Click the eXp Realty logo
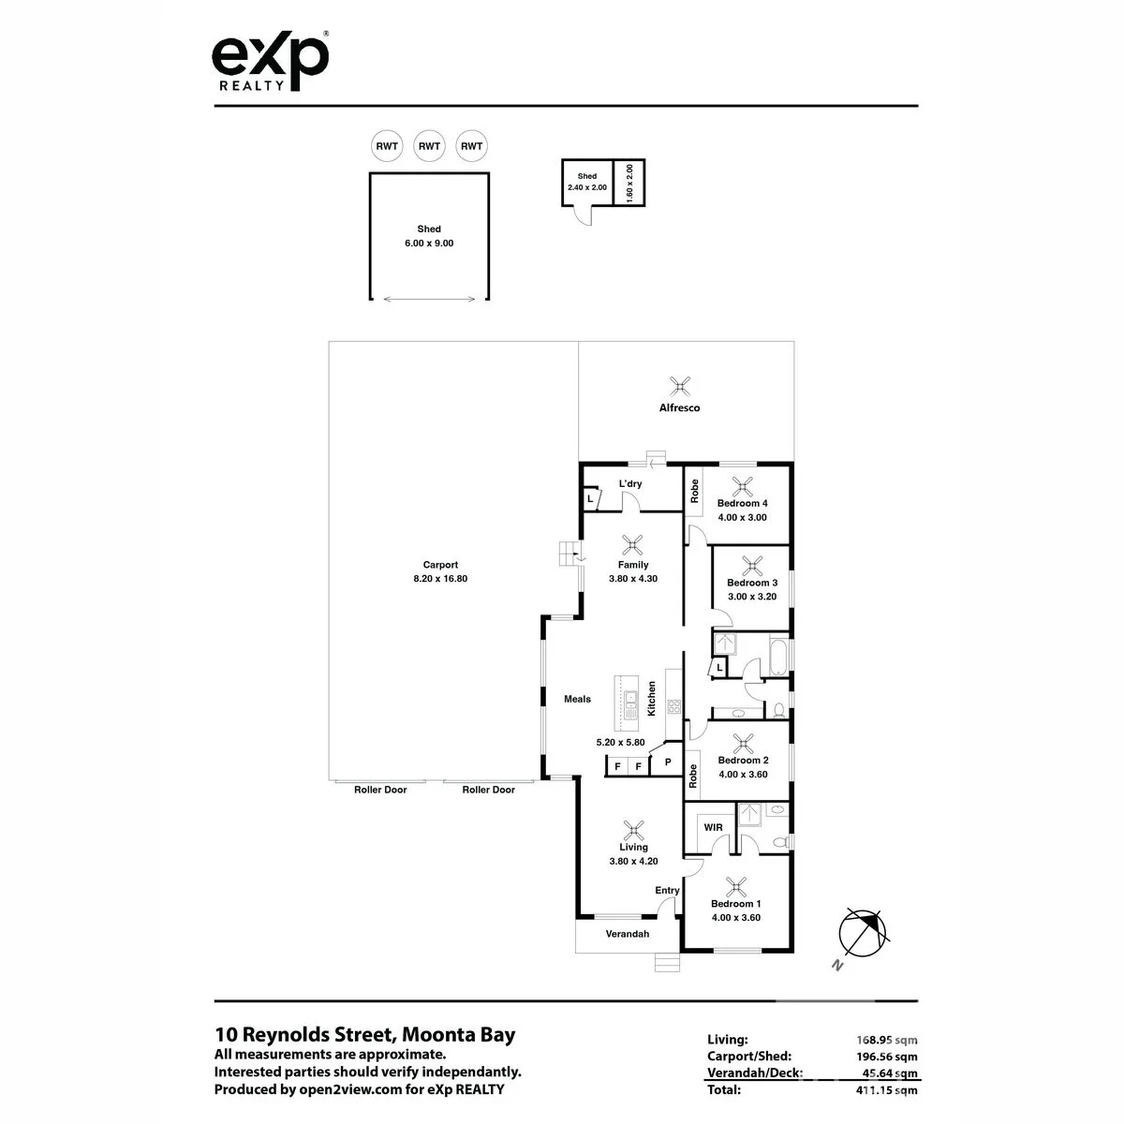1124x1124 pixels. point(270,60)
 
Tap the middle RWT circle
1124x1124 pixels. point(429,146)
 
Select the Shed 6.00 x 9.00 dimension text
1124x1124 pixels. point(429,244)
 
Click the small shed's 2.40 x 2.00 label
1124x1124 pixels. point(586,187)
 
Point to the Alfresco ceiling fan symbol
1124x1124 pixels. point(679,386)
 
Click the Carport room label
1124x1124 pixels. point(440,565)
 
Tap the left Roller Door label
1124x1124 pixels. point(380,790)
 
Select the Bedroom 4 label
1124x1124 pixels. point(742,503)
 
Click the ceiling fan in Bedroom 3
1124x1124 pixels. point(752,566)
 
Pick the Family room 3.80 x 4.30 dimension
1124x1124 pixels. point(633,579)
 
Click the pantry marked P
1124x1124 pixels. point(667,762)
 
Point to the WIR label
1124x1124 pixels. point(713,827)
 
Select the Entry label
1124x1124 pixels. point(667,890)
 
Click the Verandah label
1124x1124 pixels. point(627,934)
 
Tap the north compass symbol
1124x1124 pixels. point(863,933)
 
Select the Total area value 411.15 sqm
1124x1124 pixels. point(887,1089)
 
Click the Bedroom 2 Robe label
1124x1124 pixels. point(692,776)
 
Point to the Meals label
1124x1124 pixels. point(577,699)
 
